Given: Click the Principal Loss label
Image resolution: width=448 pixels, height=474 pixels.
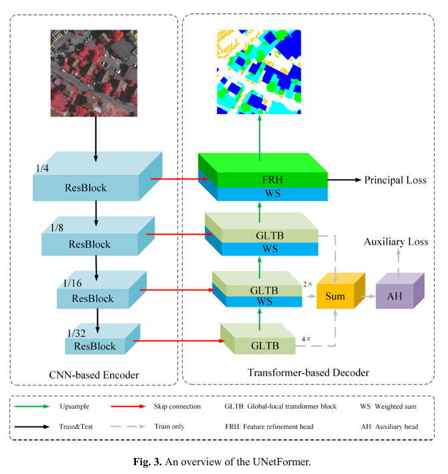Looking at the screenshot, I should pyautogui.click(x=391, y=180).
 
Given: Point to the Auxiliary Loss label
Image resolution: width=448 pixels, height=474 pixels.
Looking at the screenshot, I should pyautogui.click(x=396, y=241).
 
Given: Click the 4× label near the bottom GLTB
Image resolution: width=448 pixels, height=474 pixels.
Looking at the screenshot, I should pyautogui.click(x=306, y=339).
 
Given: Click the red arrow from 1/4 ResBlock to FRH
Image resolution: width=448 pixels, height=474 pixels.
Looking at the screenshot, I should pyautogui.click(x=175, y=179).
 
